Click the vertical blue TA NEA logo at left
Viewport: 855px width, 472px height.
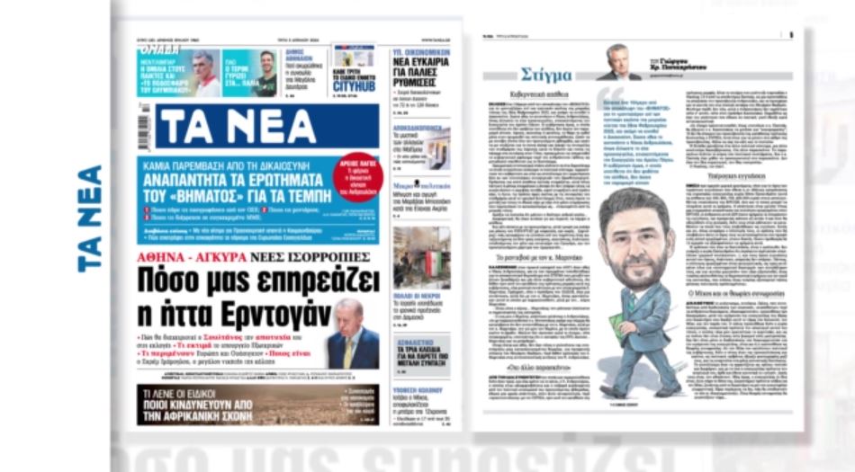[x=90, y=218]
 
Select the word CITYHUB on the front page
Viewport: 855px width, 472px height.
[x=353, y=86]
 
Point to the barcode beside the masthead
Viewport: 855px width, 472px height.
[x=144, y=127]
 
